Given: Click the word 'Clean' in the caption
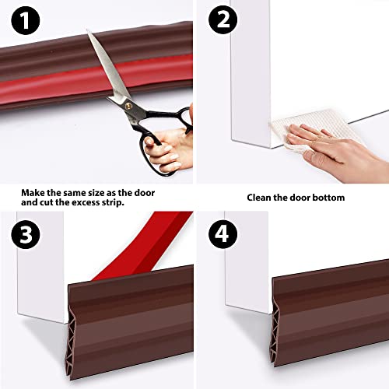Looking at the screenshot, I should (260, 198).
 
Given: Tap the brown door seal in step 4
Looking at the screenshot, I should (327, 311).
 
